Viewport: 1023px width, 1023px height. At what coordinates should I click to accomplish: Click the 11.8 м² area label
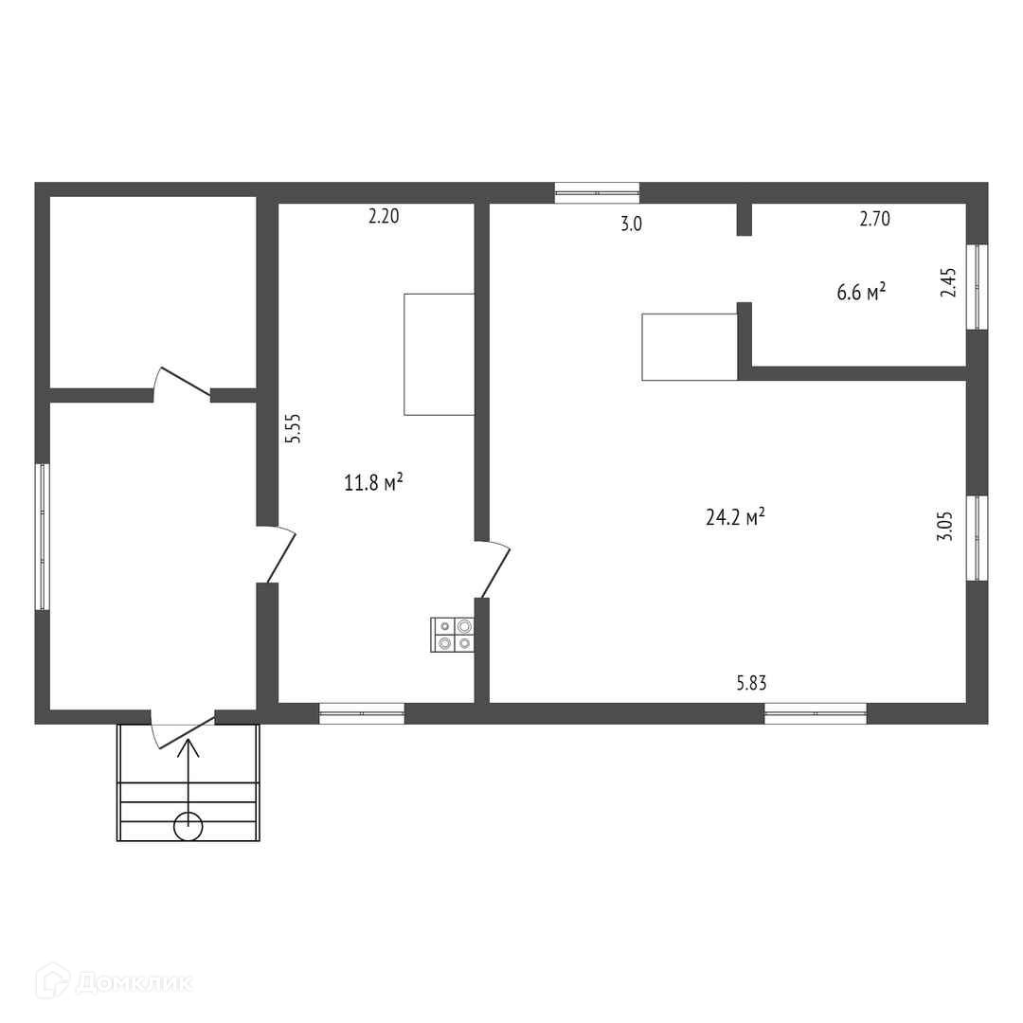coord(373,482)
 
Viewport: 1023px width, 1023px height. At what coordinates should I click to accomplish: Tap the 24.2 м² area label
coord(735,517)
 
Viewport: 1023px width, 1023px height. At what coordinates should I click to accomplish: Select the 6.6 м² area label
coord(861,291)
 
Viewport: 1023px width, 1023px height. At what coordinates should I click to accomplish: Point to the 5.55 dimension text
coord(294,429)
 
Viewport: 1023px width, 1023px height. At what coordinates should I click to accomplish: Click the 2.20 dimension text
coord(384,216)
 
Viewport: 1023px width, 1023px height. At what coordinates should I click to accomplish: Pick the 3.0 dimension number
coord(631,224)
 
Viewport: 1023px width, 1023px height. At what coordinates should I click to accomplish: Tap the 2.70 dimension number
coord(875,219)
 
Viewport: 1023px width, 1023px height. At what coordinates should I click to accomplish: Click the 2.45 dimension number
coord(948,283)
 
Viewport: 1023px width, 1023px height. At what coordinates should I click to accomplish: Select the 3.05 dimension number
coord(945,526)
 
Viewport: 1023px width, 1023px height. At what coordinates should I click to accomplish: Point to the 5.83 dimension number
coord(751,683)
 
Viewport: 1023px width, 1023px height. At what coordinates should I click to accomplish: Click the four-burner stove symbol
coord(452,634)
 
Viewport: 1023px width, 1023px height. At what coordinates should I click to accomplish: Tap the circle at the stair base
coord(188,827)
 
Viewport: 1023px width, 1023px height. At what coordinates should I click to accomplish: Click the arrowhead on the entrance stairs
coord(188,747)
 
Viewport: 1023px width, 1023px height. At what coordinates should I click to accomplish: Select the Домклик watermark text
coord(135,982)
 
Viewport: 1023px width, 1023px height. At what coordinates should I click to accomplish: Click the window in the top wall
coord(597,192)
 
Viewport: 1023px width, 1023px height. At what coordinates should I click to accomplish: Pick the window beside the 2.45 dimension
coord(977,287)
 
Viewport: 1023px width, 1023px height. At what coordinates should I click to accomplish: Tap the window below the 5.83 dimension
coord(816,714)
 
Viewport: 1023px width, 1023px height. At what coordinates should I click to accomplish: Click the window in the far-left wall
coord(43,537)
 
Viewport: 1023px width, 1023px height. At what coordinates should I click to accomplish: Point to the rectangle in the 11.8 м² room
coord(440,354)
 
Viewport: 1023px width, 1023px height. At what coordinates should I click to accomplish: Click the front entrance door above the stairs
coord(183,730)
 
